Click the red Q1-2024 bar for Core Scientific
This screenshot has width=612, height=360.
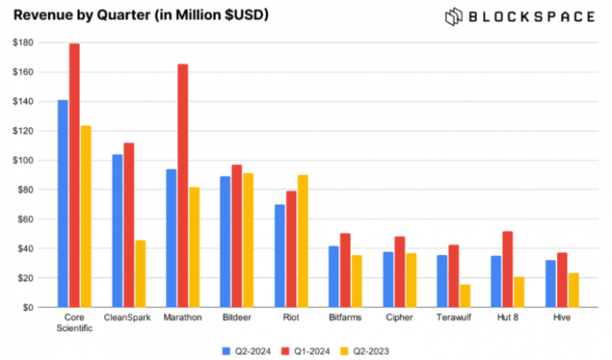click(74, 175)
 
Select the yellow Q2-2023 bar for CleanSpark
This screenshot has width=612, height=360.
click(140, 273)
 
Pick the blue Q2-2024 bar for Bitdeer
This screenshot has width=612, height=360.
click(226, 241)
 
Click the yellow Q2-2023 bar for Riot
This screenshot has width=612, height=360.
click(303, 240)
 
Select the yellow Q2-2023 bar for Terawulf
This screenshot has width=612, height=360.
click(464, 295)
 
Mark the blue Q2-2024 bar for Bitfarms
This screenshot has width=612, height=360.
click(334, 276)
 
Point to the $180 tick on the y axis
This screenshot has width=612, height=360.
click(23, 43)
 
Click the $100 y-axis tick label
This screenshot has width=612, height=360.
click(23, 161)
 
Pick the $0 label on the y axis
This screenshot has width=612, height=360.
click(28, 308)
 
